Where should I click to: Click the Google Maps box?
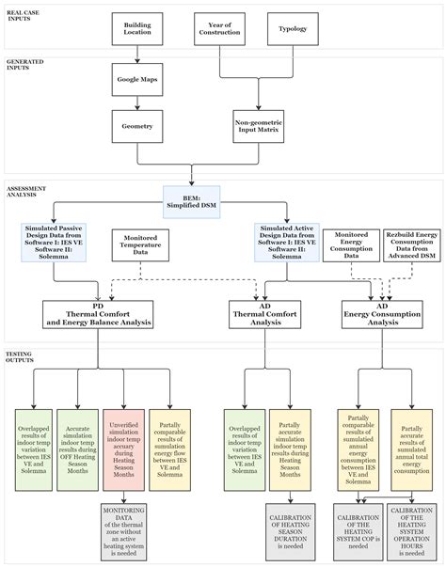point(135,80)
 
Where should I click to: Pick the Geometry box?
point(135,123)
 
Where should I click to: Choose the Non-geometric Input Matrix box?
point(258,123)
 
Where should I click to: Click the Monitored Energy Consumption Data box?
point(351,244)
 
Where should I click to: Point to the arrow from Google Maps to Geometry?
point(135,102)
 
